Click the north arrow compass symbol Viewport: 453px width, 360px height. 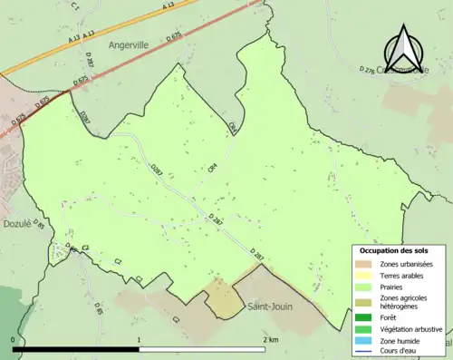click(x=403, y=45)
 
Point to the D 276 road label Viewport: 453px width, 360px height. click(x=367, y=69)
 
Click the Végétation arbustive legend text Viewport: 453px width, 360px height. click(x=411, y=328)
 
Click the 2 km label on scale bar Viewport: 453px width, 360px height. click(x=270, y=339)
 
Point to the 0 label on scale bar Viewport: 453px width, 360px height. click(x=14, y=339)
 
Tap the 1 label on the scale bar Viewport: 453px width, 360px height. click(x=139, y=339)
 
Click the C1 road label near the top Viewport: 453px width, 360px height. click(x=75, y=6)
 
